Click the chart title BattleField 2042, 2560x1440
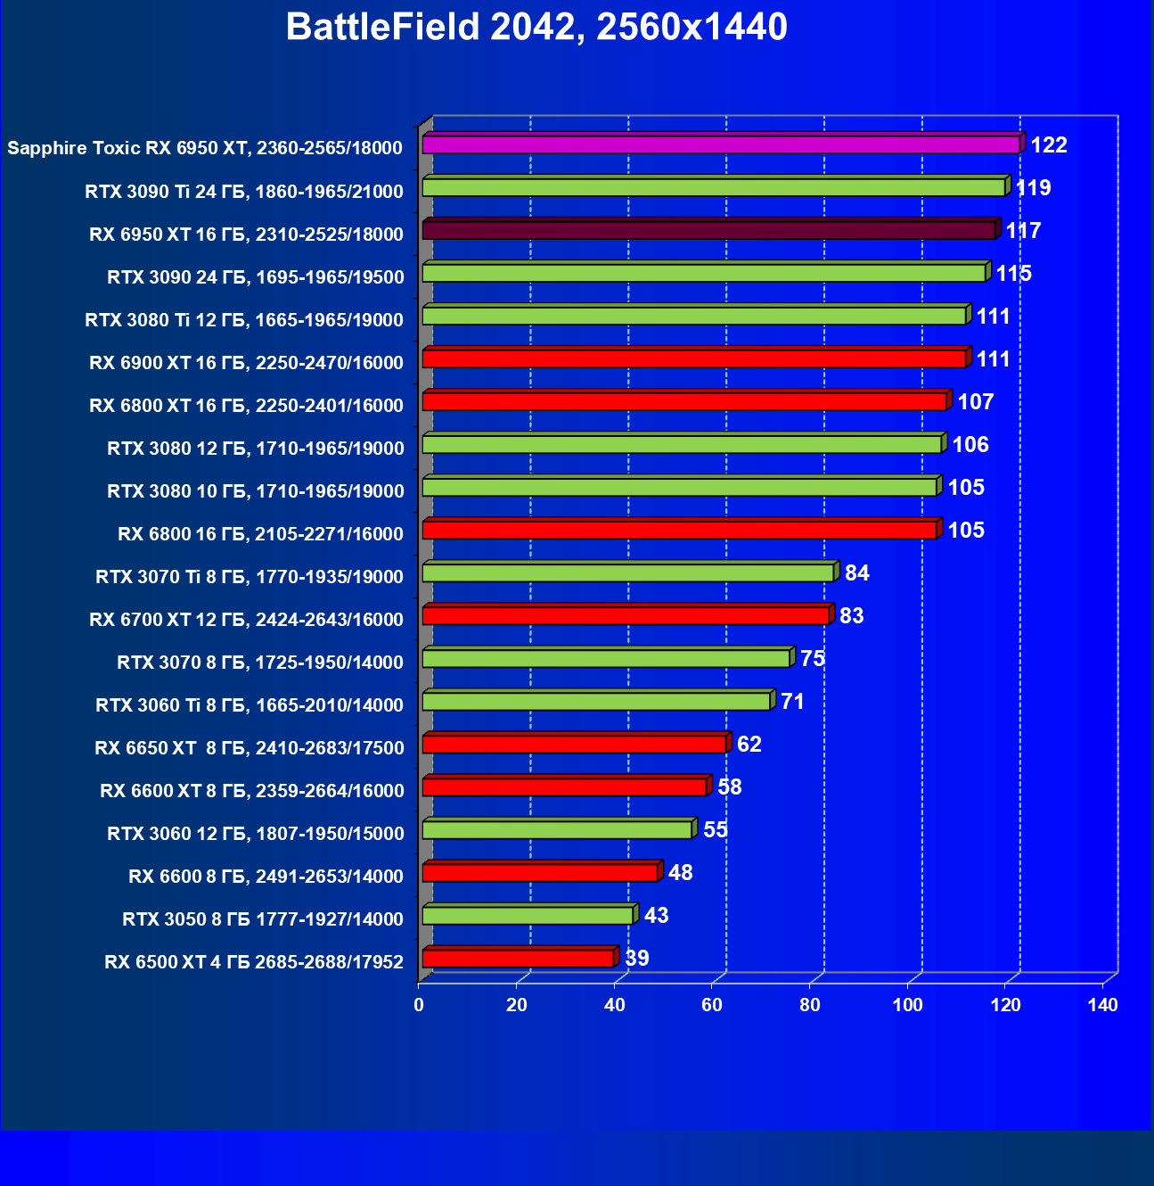pyautogui.click(x=536, y=28)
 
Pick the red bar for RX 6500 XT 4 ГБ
pyautogui.click(x=518, y=959)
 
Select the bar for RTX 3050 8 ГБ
pyautogui.click(x=528, y=915)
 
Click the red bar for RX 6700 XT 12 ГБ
pyautogui.click(x=626, y=615)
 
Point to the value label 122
pyautogui.click(x=1049, y=145)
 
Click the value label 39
pyautogui.click(x=637, y=959)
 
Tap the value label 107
pyautogui.click(x=976, y=402)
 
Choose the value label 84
pyautogui.click(x=857, y=573)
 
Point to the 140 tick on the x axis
pyautogui.click(x=1102, y=1005)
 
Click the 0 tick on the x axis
pyautogui.click(x=419, y=1005)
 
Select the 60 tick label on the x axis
pyautogui.click(x=712, y=1005)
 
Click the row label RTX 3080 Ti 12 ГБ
pyautogui.click(x=244, y=319)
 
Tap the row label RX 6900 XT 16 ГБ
pyautogui.click(x=246, y=362)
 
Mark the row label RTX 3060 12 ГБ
pyautogui.click(x=255, y=833)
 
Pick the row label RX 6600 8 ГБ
pyautogui.click(x=266, y=876)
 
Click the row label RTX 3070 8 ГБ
pyautogui.click(x=260, y=662)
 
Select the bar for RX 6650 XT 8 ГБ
pyautogui.click(x=574, y=744)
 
